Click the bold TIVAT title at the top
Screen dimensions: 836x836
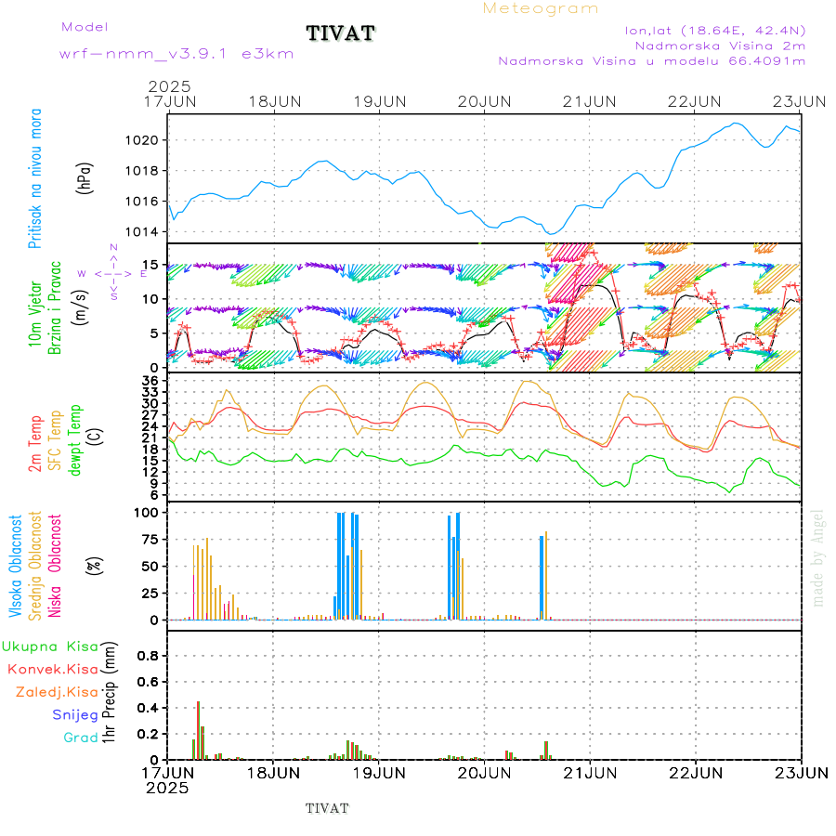pos(341,33)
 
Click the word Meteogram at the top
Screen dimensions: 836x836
pos(541,8)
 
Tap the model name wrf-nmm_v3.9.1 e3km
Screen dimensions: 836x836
pos(176,54)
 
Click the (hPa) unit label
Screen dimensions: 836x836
pos(85,176)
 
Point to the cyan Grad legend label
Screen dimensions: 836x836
pos(80,738)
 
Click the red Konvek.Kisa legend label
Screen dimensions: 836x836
pos(52,669)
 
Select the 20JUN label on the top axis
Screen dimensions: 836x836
pos(485,100)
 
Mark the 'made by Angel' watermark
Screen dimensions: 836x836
pos(818,557)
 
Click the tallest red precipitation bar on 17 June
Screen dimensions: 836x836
pos(198,730)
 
